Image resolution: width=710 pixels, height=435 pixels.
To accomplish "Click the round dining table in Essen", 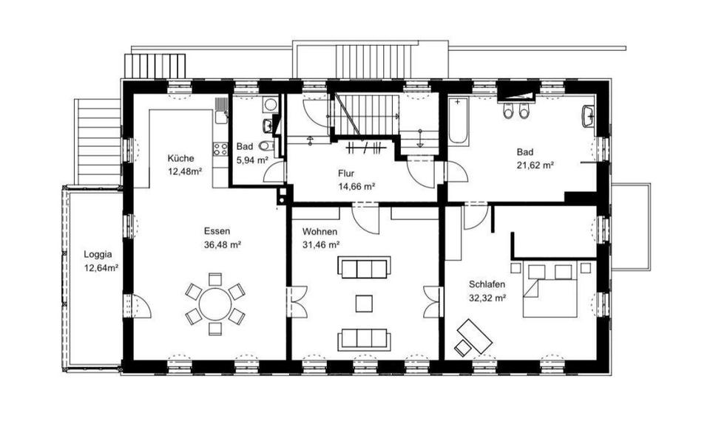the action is [215, 304].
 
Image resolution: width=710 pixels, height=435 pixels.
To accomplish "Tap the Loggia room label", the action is [98, 255].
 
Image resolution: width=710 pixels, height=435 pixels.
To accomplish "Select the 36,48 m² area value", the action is [223, 245].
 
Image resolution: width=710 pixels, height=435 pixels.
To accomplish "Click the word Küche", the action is [180, 158].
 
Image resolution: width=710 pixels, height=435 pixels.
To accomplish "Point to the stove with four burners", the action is [220, 148].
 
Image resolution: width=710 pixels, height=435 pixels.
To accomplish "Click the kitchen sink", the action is [221, 117].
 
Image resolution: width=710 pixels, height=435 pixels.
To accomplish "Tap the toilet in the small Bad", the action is [267, 146].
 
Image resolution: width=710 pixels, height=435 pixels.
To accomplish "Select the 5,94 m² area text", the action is [252, 160].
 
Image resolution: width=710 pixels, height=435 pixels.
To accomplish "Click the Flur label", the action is [346, 173].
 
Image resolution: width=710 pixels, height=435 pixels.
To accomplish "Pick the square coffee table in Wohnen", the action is [364, 304].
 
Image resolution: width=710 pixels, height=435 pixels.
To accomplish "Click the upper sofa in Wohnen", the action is [364, 267].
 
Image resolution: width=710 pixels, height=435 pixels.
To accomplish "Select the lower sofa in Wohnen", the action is [364, 339].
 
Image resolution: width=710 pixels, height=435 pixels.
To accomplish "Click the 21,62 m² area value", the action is [535, 165].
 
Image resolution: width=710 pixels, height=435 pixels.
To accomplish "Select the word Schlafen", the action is [487, 284].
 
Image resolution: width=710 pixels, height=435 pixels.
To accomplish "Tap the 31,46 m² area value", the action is [322, 245].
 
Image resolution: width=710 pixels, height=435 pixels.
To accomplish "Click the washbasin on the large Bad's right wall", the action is [589, 117].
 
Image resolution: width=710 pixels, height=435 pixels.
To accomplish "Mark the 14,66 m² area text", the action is [356, 186].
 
